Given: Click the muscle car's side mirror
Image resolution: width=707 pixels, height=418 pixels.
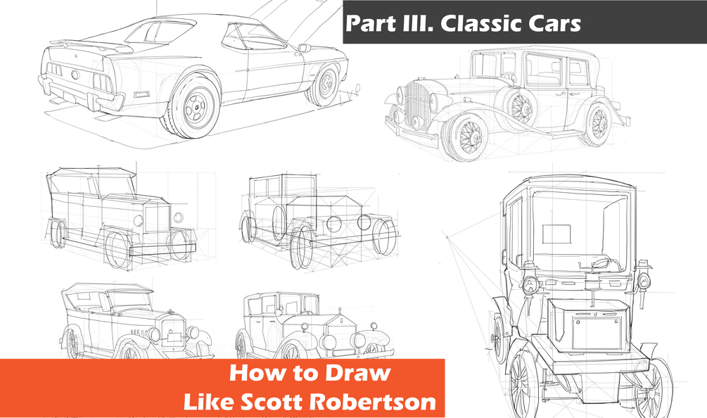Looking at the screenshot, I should [303, 48].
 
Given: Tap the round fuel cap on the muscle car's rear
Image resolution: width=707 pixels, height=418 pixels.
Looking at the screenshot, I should [75, 74].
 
